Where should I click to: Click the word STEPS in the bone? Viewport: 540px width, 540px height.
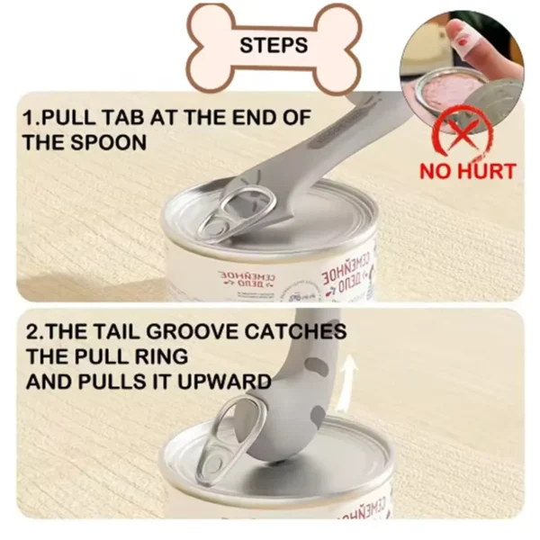tap(273, 45)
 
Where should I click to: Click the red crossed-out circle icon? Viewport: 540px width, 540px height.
tap(463, 131)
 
